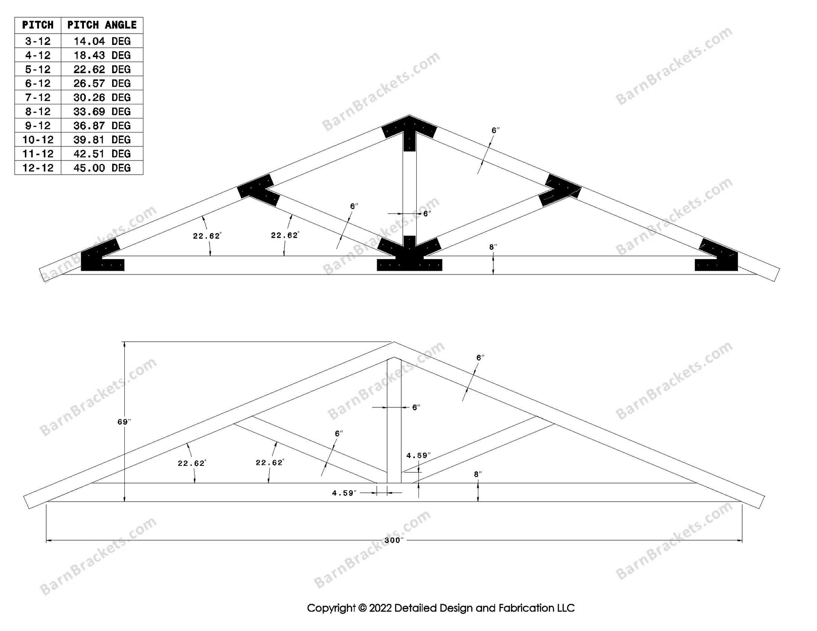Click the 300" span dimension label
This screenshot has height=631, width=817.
coord(394,540)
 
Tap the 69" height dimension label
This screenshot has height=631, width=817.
coord(124,422)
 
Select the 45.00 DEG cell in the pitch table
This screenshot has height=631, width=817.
coord(102,168)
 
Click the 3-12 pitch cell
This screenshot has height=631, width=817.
coord(38,41)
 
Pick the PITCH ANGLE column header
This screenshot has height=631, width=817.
coord(102,25)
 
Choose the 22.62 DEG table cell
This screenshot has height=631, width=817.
coord(102,69)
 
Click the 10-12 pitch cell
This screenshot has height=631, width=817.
coord(38,140)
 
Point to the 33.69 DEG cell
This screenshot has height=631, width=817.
coord(102,112)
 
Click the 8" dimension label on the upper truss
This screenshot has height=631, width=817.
coord(493,247)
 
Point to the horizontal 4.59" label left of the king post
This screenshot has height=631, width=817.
coord(344,493)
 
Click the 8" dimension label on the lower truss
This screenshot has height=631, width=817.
coord(478,474)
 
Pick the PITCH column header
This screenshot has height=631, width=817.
coord(38,25)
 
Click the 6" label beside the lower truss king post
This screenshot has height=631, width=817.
coord(416,408)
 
